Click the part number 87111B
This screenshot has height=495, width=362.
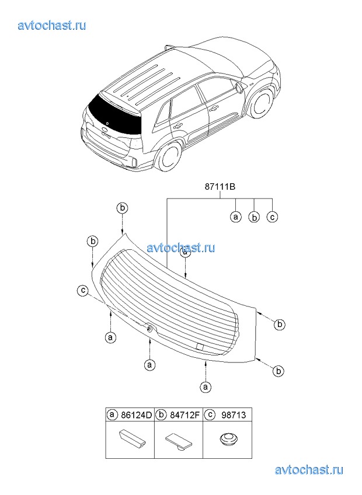(220, 187)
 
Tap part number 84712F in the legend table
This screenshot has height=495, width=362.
(185, 415)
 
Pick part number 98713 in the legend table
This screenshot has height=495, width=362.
(234, 415)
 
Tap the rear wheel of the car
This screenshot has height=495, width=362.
(171, 158)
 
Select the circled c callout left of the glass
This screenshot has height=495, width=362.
(83, 291)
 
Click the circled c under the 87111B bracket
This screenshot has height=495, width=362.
(272, 217)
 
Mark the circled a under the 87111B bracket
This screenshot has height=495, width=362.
(236, 217)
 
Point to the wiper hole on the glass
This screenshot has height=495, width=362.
(148, 329)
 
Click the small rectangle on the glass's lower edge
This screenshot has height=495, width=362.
(200, 346)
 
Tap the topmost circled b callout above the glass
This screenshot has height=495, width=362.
(123, 208)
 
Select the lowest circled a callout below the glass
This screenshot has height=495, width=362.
(206, 386)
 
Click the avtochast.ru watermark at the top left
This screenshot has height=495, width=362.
(52, 25)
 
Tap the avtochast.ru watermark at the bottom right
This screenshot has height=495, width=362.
(309, 470)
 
